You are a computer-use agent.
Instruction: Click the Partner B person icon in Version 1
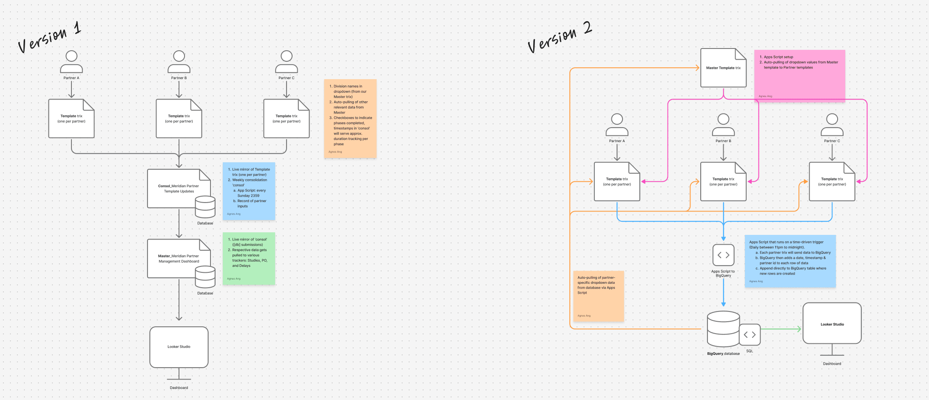179,62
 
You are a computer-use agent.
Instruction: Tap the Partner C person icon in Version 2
832,125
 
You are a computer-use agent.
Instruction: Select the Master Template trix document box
723,68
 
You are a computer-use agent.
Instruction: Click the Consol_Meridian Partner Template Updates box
174,189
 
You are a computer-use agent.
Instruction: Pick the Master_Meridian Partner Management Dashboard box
174,258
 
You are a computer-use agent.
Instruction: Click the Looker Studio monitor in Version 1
179,347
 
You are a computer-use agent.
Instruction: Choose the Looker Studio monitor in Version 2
832,323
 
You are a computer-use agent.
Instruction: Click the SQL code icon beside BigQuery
750,334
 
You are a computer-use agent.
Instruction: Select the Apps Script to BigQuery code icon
723,255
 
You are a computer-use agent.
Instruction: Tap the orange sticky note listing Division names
350,118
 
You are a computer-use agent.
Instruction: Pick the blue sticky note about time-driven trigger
790,261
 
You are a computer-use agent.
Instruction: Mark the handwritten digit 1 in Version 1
77,28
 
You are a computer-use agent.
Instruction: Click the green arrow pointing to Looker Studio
780,329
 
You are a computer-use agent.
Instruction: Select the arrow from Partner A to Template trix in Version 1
71,89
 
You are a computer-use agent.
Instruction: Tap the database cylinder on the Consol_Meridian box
205,207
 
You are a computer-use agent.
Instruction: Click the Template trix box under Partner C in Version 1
286,119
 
